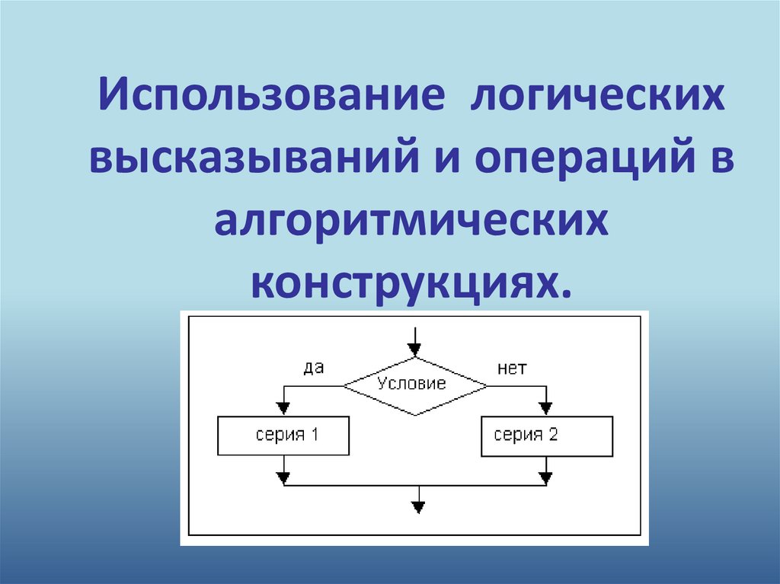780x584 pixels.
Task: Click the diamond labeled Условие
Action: [x=414, y=385]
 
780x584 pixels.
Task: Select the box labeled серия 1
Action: [x=283, y=436]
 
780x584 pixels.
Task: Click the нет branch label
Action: [x=512, y=369]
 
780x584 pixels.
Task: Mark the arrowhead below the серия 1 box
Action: [x=283, y=478]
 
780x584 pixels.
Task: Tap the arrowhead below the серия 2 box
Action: [x=545, y=478]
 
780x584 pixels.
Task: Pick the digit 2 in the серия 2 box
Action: [x=553, y=436]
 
